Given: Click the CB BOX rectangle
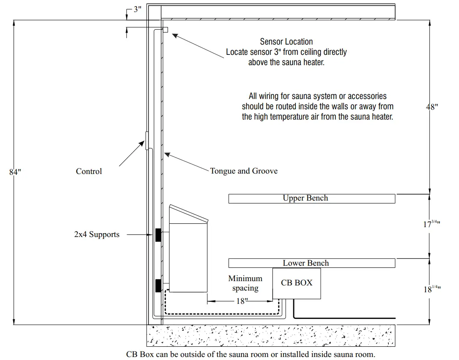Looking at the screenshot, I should coord(296,283).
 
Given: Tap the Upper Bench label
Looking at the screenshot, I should coord(305,198).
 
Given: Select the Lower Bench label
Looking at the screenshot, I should coord(306,263).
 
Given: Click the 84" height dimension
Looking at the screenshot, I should coord(15,172).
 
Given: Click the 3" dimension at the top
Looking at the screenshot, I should coord(137,9).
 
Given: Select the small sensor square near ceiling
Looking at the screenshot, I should coord(165,30).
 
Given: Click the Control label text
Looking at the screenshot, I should coord(89,171).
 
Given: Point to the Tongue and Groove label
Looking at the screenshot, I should coord(244,171).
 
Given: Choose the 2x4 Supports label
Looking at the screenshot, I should coord(97,234).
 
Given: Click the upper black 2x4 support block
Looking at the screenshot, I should coord(158,235).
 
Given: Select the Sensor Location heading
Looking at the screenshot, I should coord(286,42).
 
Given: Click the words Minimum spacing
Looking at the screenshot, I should coord(245,283).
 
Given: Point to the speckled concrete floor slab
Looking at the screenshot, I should coord(271,335).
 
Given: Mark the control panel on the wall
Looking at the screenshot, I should coord(147,141).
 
